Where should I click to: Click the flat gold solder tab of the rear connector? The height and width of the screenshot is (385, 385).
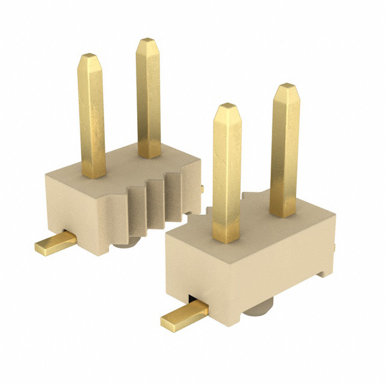click(x=54, y=244)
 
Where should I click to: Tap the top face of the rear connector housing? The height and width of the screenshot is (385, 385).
click(x=120, y=165)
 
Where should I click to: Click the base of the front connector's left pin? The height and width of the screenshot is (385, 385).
click(x=226, y=238)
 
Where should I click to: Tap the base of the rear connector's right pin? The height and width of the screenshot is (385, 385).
click(x=149, y=153)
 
